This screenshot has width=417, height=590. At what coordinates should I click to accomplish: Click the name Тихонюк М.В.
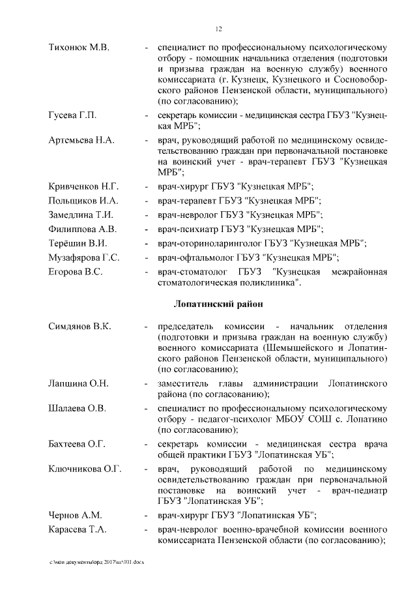79,48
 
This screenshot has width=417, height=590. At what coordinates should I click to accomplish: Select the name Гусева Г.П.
73,115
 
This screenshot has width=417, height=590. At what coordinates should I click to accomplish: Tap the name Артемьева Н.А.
82,141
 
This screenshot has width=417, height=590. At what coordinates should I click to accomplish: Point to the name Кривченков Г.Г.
84,187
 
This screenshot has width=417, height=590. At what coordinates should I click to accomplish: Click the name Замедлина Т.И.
81,215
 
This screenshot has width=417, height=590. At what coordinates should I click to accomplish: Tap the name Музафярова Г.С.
84,258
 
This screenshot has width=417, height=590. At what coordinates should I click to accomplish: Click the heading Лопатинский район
219,304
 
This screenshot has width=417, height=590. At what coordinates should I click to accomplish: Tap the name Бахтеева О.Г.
78,444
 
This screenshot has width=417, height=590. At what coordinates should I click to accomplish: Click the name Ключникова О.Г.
85,469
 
